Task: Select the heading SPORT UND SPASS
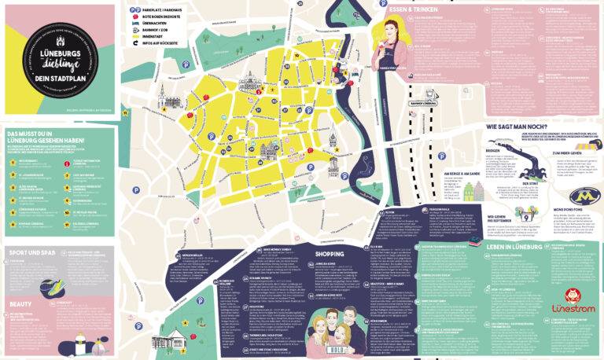[31, 253]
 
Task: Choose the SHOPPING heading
[330, 254]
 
